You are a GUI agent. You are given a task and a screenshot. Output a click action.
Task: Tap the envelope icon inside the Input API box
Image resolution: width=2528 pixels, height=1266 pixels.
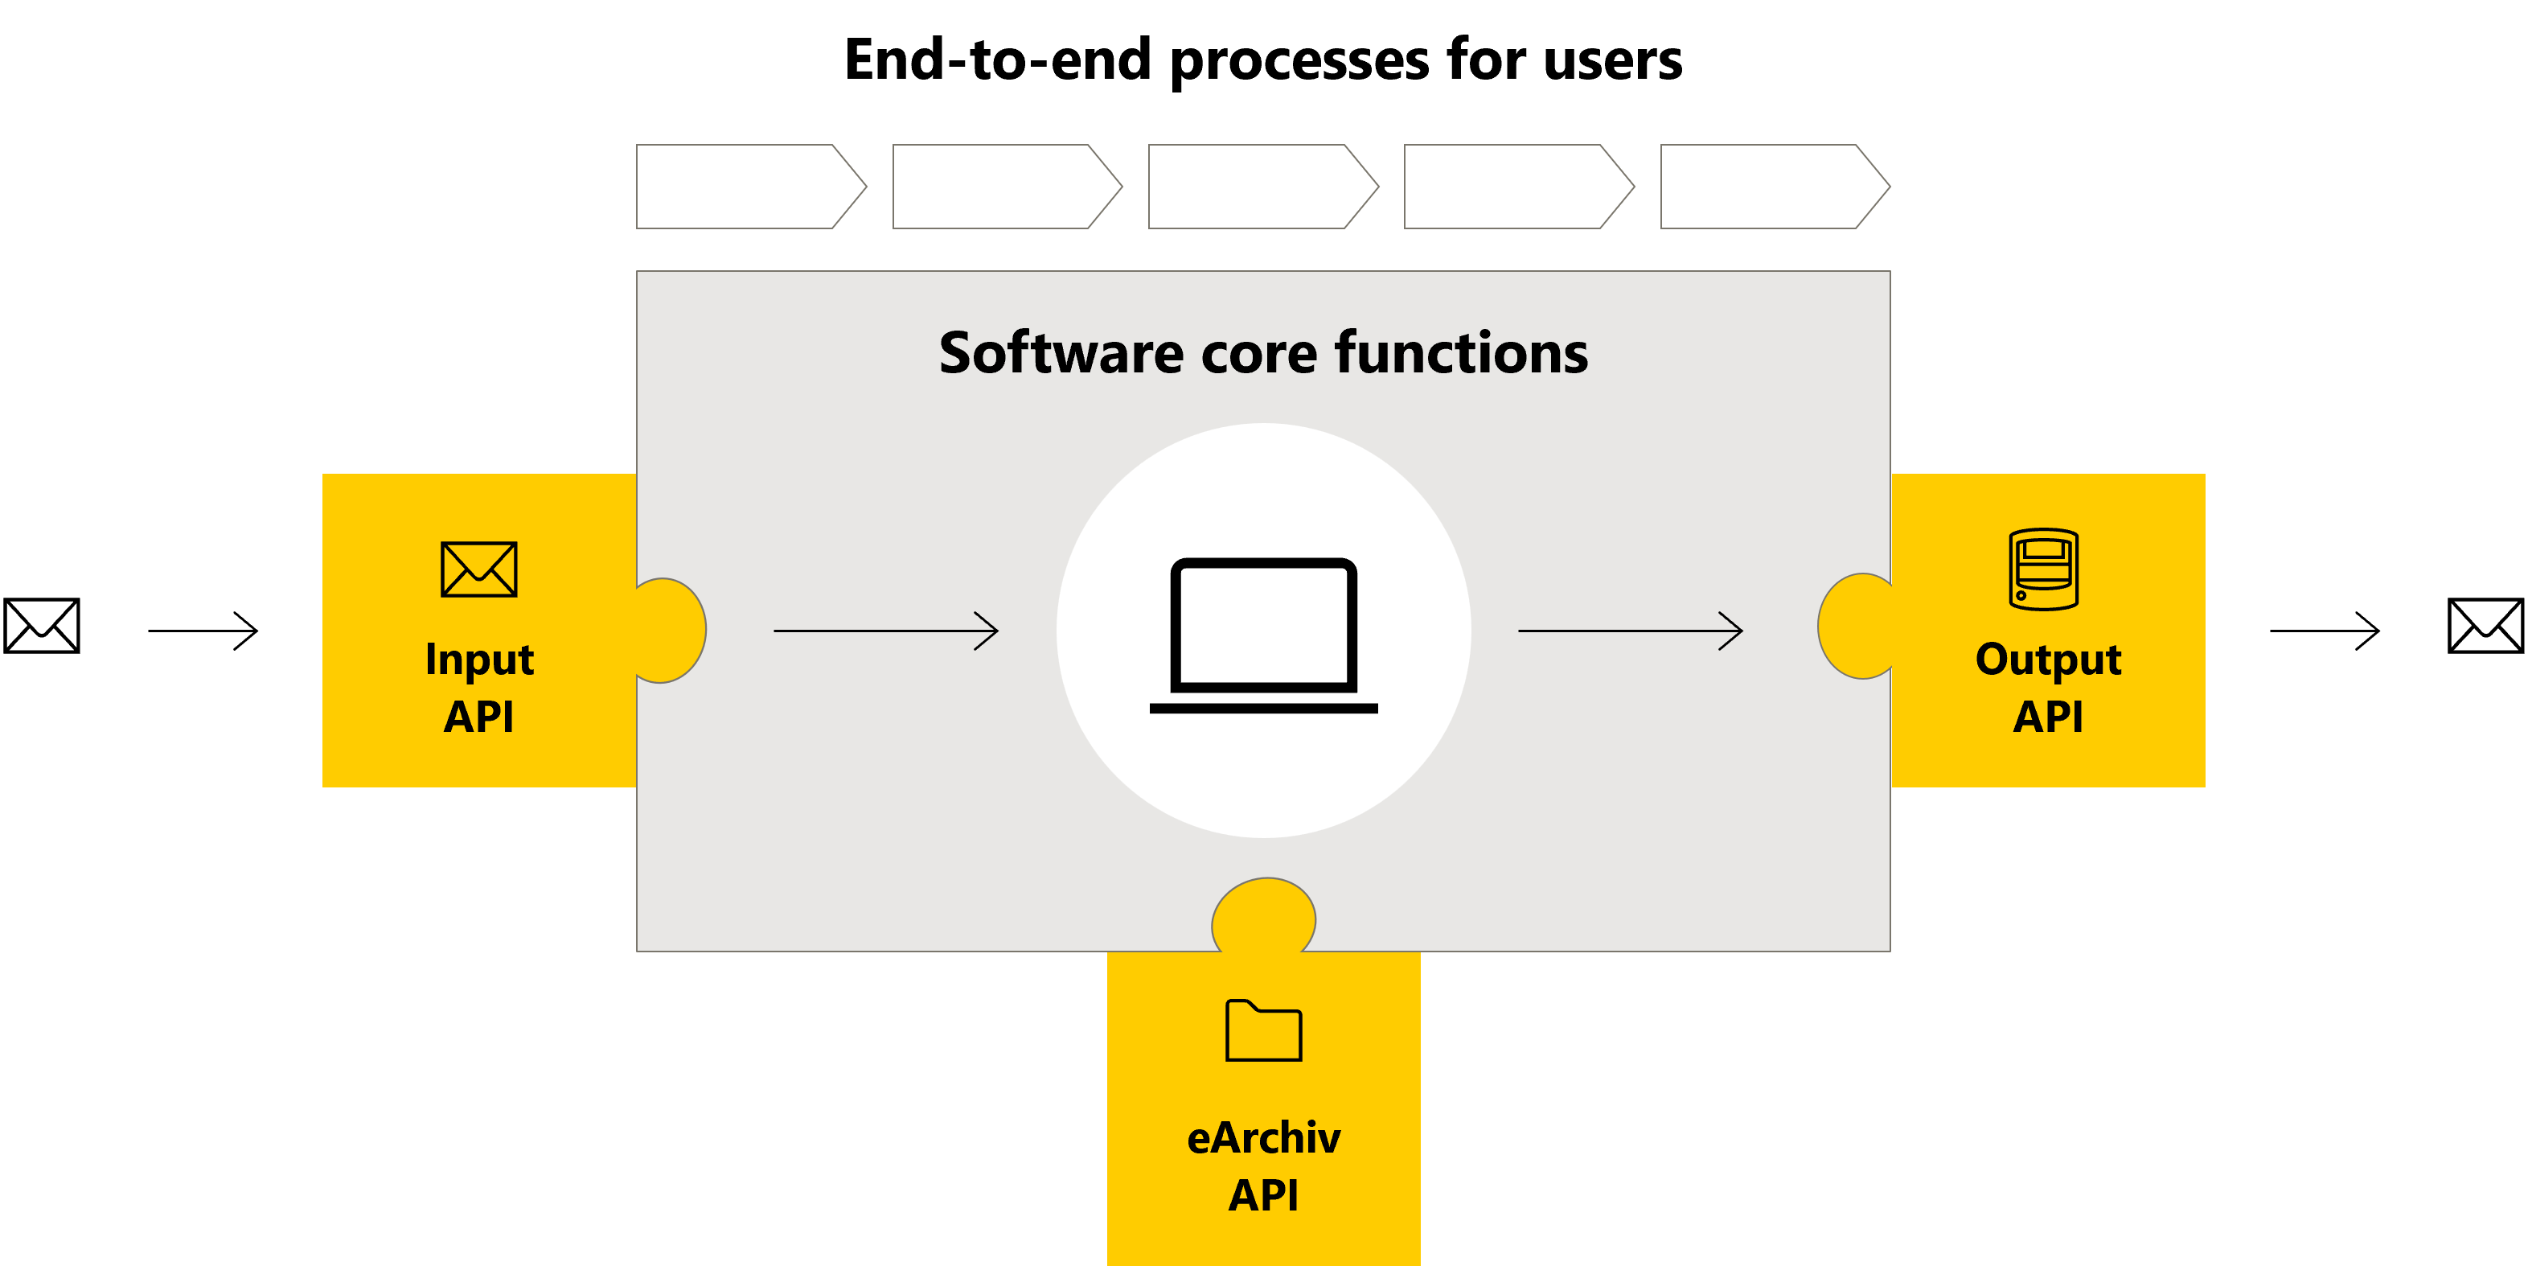tap(479, 569)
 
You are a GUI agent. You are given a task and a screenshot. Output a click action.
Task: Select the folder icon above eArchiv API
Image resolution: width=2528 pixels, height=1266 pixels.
tap(1263, 1030)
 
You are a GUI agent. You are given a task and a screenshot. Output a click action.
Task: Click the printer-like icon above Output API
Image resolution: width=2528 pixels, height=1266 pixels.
tap(2043, 569)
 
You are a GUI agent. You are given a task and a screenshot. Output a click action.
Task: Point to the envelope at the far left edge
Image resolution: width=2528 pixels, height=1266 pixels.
tap(41, 626)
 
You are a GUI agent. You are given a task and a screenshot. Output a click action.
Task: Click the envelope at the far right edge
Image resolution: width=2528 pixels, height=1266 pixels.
tap(2485, 626)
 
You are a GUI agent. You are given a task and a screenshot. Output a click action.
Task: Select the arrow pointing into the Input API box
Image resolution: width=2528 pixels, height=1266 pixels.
tap(203, 630)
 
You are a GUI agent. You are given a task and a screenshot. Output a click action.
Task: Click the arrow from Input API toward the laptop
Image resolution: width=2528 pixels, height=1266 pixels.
tap(885, 630)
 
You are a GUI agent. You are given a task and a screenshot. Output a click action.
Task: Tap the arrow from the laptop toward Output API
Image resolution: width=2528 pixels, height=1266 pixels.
tap(1630, 630)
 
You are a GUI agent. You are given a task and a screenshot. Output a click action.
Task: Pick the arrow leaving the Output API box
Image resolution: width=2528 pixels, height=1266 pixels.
tap(2325, 630)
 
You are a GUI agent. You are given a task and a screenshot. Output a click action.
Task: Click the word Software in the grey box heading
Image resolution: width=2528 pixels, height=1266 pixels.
tap(1061, 353)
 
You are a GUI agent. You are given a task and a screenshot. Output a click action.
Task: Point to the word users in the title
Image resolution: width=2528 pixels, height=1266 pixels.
tap(1612, 61)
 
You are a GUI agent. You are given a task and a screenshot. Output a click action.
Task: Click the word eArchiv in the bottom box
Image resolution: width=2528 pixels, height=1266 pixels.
tap(1263, 1138)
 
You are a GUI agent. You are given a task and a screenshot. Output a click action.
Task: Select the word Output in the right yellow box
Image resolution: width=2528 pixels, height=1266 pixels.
tap(2048, 660)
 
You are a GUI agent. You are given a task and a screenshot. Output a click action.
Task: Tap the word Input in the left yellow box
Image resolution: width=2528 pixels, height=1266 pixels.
tap(479, 660)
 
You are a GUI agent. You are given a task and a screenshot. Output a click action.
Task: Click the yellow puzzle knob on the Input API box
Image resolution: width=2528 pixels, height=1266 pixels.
tap(672, 630)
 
